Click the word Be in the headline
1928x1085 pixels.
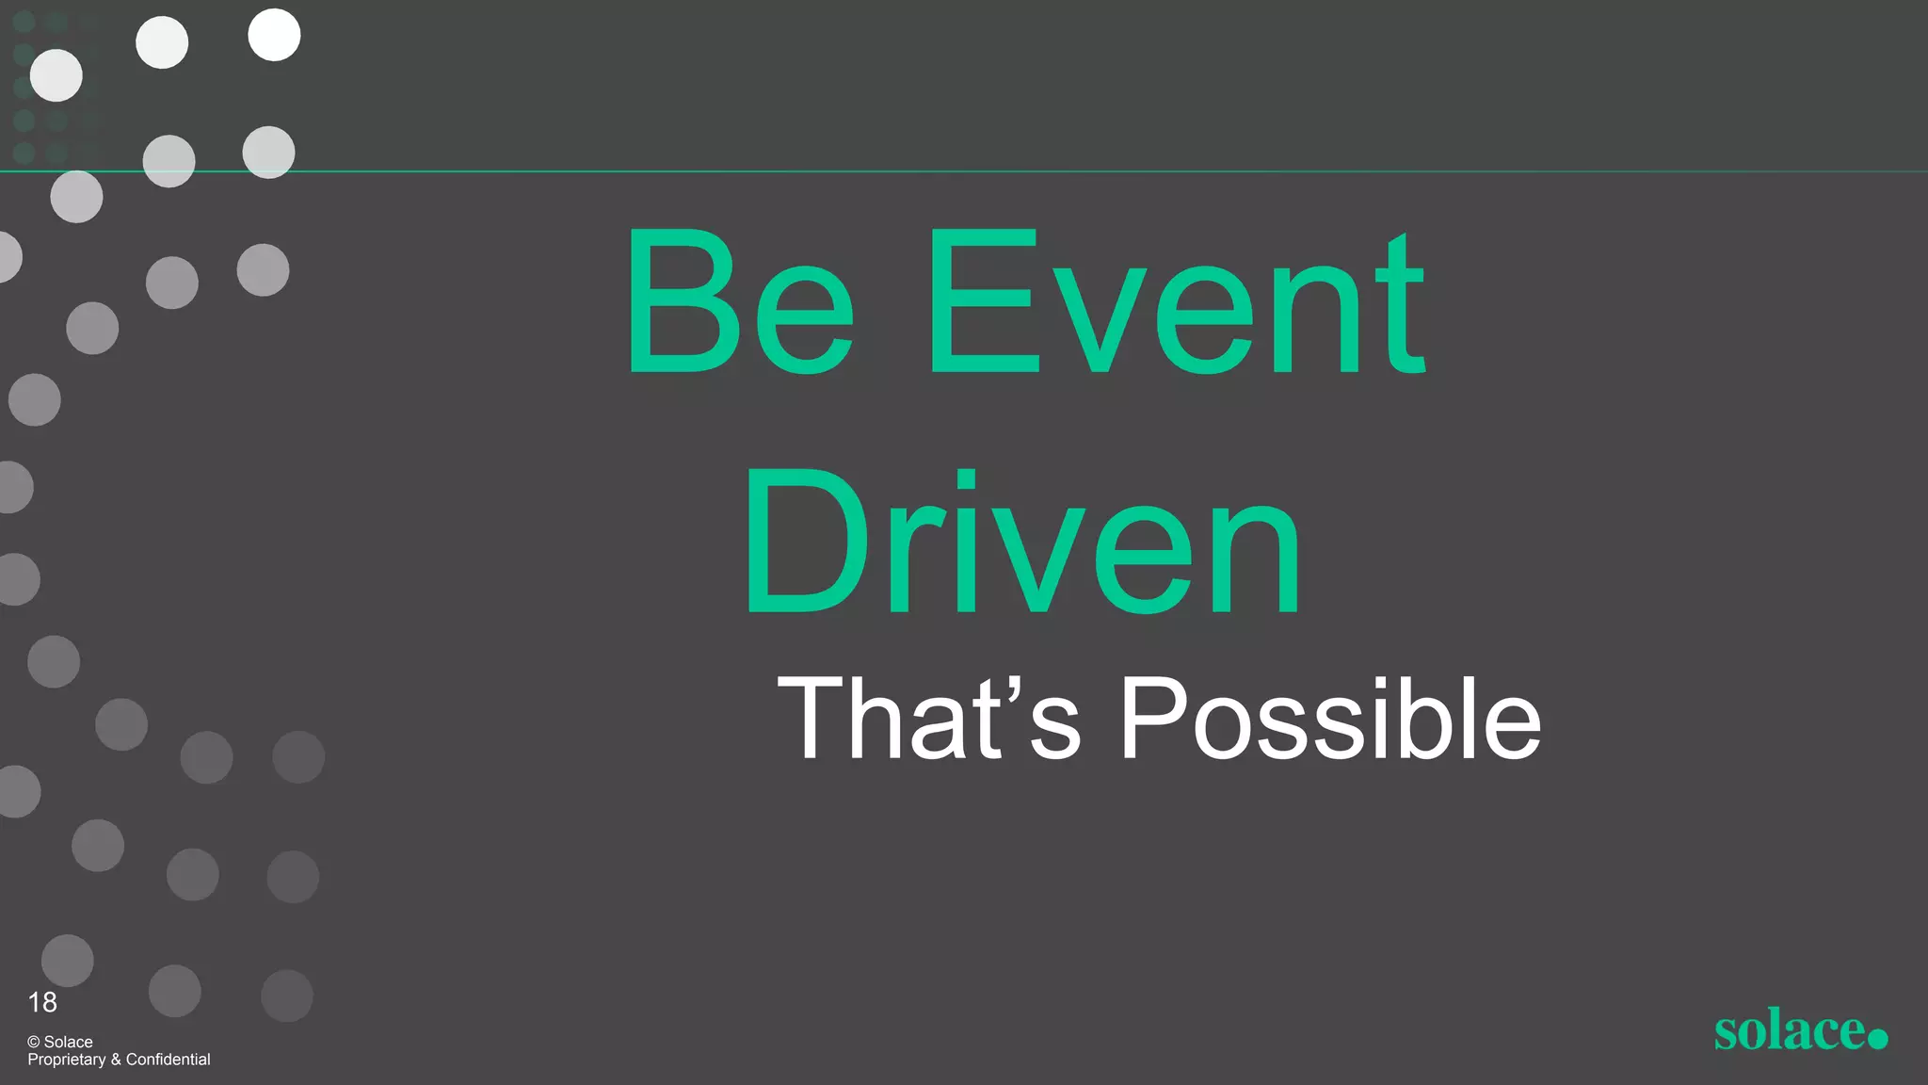click(740, 301)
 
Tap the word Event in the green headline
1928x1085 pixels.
click(1177, 301)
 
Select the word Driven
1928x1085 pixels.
click(1022, 541)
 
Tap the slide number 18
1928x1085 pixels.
click(42, 1002)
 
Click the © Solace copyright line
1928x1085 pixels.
click(60, 1042)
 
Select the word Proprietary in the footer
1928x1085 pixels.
click(67, 1060)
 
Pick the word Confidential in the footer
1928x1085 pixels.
click(169, 1060)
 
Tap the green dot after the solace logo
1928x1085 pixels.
click(1877, 1038)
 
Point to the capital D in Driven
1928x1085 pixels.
click(806, 541)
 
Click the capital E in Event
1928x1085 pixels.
click(983, 301)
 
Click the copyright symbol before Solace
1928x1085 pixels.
click(34, 1042)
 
